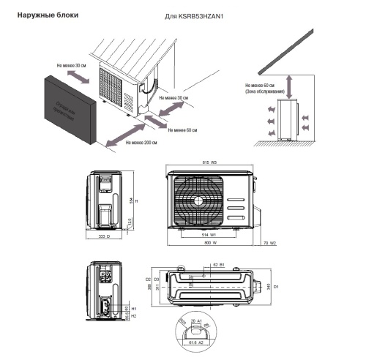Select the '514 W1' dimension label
click(209, 235)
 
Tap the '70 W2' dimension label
click(266, 242)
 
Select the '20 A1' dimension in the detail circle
click(195, 320)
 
